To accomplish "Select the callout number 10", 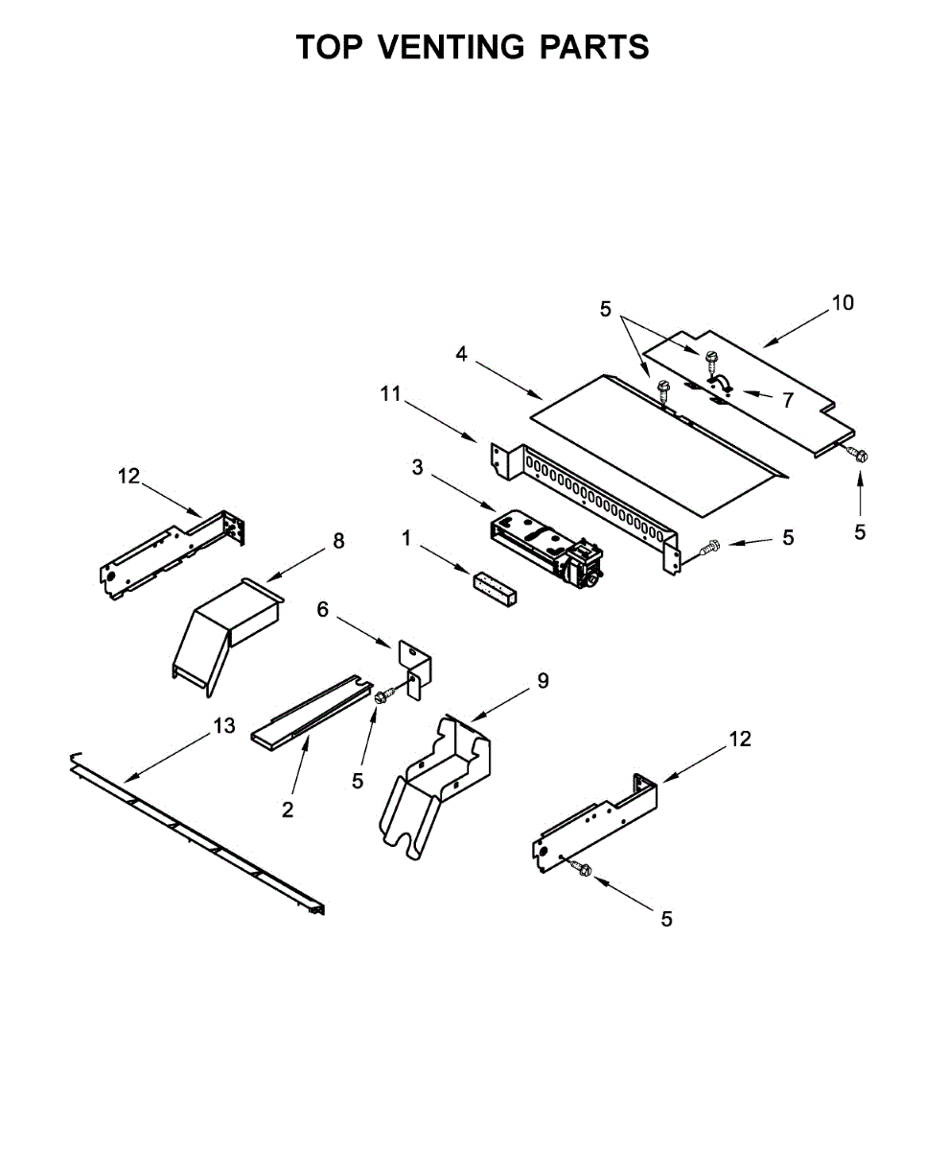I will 842,303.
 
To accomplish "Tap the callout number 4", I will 462,354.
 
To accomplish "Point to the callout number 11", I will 390,393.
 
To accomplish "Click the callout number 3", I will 417,467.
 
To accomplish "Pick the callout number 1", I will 406,539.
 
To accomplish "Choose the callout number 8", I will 337,541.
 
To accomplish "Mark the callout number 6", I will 322,609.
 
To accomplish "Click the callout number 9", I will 543,681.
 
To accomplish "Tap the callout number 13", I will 223,726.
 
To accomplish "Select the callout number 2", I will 288,810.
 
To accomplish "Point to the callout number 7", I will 787,400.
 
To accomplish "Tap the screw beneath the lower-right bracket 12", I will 580,868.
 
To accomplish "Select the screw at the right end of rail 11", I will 709,548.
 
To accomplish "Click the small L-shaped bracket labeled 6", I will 416,668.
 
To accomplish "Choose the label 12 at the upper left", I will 129,476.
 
